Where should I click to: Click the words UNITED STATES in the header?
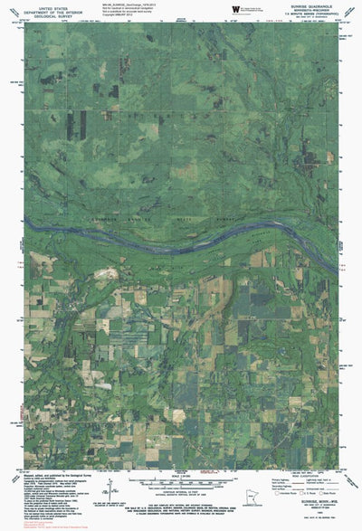40,5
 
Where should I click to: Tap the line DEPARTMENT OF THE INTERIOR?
40,9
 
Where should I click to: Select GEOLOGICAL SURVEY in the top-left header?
40,14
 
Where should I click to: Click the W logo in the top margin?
235,8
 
